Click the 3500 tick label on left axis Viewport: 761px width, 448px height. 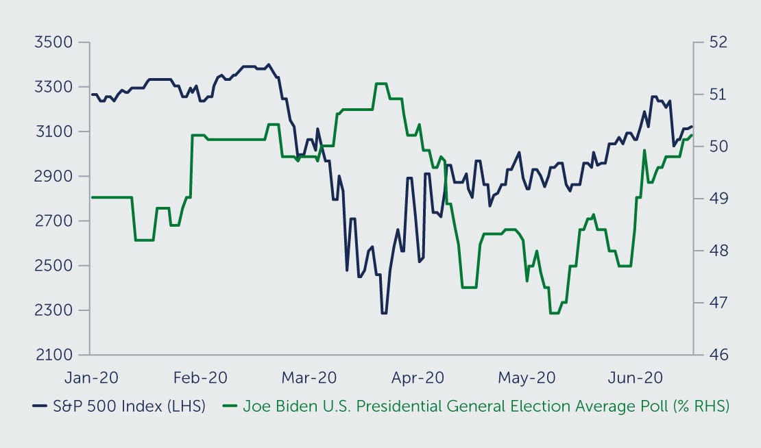(x=53, y=42)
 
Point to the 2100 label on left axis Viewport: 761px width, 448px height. (x=53, y=355)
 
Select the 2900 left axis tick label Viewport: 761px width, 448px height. (x=53, y=176)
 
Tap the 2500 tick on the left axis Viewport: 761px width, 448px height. (x=53, y=266)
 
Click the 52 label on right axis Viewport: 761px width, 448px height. (x=710, y=42)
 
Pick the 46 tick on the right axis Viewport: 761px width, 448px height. (x=710, y=355)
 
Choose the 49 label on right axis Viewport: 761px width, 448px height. (x=710, y=199)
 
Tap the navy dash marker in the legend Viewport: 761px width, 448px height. (x=39, y=406)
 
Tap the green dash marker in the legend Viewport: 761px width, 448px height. (x=232, y=406)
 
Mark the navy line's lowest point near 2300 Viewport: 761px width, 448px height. (x=384, y=313)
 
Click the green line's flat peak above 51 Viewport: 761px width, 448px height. (x=381, y=84)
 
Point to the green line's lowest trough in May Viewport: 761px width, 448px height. (x=555, y=313)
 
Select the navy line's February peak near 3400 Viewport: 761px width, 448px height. (x=268, y=65)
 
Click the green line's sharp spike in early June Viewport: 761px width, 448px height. (x=644, y=151)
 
